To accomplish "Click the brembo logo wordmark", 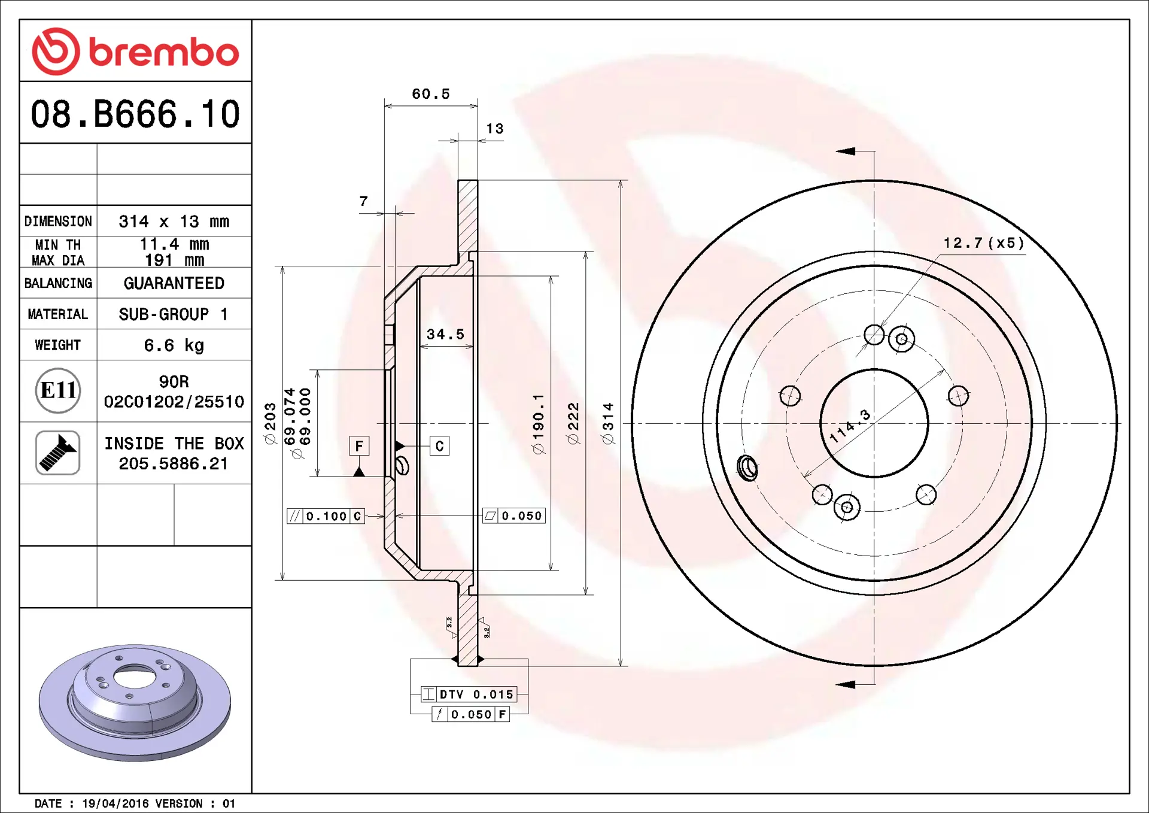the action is [164, 52].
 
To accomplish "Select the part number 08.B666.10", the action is [135, 114].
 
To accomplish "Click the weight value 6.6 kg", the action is [174, 345].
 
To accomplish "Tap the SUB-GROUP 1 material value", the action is [174, 314].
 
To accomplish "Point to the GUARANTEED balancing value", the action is [174, 283].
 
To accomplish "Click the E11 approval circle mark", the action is [58, 390].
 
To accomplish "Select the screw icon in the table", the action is [58, 453].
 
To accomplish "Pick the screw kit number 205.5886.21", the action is [174, 463].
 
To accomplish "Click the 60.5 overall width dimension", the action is [431, 94].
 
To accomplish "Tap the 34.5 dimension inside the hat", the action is [446, 334].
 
